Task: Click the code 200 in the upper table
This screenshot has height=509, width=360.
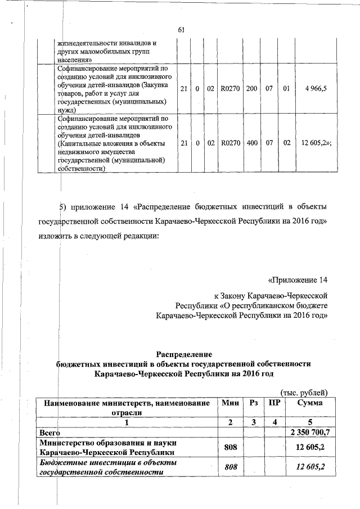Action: tap(251, 89)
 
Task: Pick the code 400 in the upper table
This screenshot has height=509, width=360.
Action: tap(251, 143)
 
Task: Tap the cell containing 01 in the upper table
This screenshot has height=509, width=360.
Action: tap(286, 89)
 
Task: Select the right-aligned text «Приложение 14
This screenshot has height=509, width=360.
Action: tap(298, 280)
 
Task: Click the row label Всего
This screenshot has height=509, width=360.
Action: tap(49, 433)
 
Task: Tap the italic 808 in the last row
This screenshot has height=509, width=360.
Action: tap(231, 467)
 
